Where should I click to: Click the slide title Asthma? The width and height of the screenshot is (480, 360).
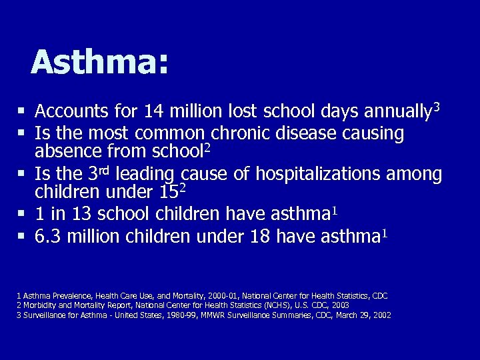100,63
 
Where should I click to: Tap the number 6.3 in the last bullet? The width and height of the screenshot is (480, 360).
47,237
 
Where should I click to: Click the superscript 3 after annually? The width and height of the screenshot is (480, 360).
437,105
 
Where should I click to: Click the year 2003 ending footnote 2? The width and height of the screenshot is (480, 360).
340,305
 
